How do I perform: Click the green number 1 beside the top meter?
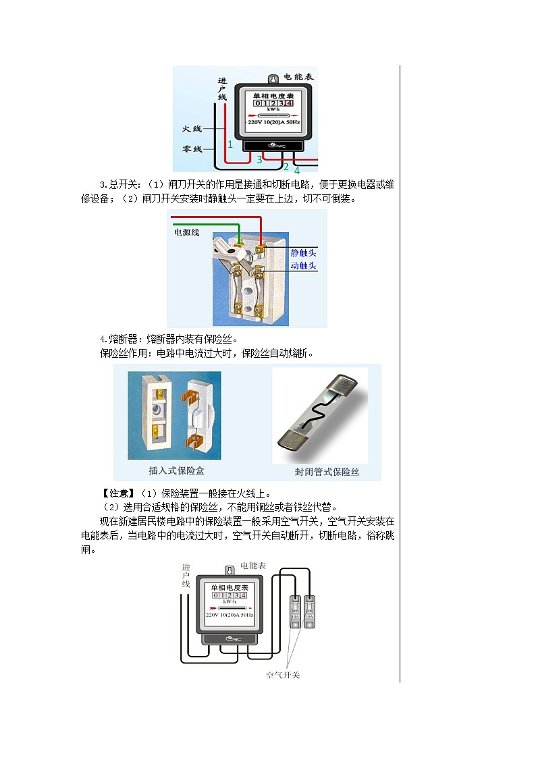pos(230,144)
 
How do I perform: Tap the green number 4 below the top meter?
pos(296,170)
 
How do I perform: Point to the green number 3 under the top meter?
pos(259,159)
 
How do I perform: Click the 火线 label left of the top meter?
pos(192,128)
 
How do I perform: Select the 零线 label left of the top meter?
pos(192,148)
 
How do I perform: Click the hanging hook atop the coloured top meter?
pos(273,80)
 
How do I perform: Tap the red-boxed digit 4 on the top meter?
pos(289,103)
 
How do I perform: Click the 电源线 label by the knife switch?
pos(187,232)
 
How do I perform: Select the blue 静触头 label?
pos(303,252)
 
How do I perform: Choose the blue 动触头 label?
pos(303,266)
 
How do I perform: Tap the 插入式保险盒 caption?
pos(174,470)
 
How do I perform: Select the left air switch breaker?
pos(295,612)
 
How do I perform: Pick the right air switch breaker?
pos(309,612)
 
